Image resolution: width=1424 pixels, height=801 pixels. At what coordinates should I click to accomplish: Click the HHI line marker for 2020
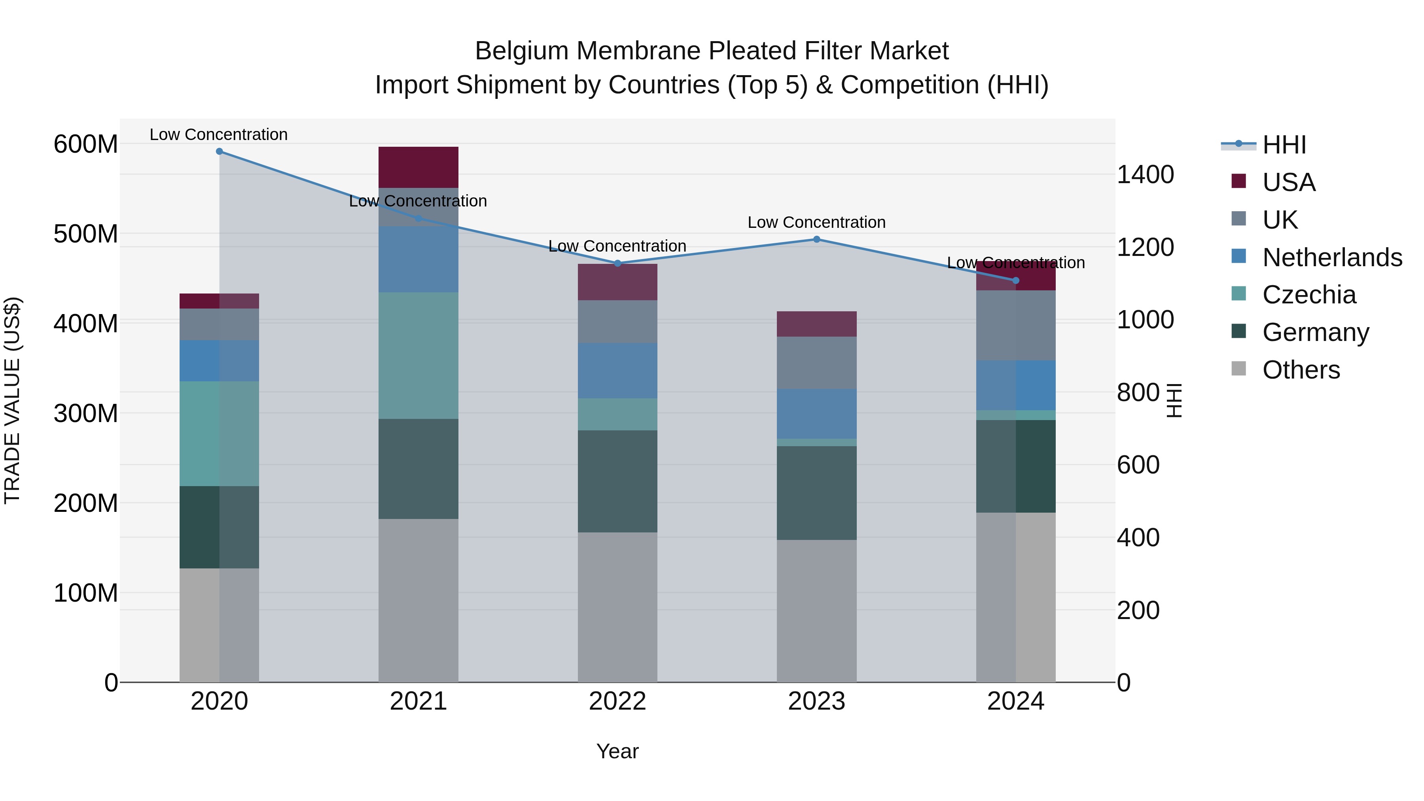(x=220, y=151)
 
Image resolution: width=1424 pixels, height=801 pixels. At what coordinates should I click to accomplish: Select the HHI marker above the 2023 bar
(x=816, y=239)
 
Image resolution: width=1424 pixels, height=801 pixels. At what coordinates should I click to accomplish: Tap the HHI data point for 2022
(x=617, y=263)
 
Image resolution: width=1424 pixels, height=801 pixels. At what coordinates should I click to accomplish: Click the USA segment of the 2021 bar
(x=418, y=167)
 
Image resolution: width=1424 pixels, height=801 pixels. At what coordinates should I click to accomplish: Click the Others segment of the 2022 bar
(x=617, y=606)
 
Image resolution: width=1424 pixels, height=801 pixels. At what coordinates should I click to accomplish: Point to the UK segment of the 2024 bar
(x=1015, y=325)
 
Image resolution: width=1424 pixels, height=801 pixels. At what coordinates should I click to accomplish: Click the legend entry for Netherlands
(x=1332, y=258)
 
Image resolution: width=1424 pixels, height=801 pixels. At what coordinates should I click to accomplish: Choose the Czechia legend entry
(x=1308, y=295)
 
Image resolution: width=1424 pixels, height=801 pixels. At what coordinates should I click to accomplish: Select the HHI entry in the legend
(x=1284, y=145)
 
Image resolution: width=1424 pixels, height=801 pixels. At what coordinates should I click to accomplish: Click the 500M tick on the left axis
(x=86, y=234)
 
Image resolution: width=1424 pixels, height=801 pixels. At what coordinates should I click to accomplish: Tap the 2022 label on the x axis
(x=617, y=701)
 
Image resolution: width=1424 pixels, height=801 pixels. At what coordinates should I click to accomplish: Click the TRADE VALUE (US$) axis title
(x=12, y=400)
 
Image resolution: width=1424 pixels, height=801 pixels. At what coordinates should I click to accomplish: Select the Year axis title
(x=617, y=751)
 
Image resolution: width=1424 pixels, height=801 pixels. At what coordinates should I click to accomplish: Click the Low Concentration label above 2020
(x=218, y=134)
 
